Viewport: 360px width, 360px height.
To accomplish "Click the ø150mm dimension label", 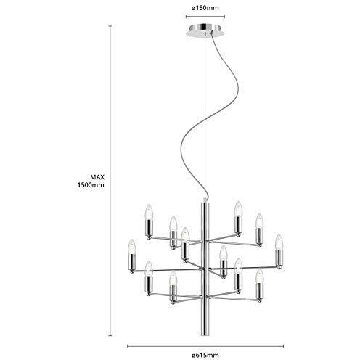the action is pos(205,8).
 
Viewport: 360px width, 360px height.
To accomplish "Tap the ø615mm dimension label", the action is pos(205,356).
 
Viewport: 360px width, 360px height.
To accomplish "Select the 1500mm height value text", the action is pos(91,185).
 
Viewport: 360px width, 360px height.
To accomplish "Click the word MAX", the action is pos(97,177).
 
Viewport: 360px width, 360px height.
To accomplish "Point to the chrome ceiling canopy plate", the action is pos(205,30).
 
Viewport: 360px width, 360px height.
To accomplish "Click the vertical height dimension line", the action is pos(110,181).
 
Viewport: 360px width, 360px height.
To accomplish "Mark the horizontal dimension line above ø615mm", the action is pos(205,346).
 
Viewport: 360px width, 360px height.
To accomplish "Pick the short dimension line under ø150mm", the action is pos(205,17).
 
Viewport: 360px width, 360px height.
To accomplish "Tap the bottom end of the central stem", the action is pos(205,335).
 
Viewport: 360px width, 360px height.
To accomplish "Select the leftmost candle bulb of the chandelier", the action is pos(131,246).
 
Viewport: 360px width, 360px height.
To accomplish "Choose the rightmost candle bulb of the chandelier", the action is pos(279,241).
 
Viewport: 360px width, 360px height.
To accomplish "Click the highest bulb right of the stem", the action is pos(238,208).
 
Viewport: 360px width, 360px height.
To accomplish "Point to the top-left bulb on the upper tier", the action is pos(149,212).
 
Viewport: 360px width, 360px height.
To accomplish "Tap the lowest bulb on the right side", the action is pos(259,276).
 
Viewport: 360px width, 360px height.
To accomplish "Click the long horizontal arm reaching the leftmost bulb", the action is pos(167,270).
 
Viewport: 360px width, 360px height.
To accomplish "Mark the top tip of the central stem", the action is pos(205,199).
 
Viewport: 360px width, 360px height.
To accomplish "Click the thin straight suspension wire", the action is pos(205,116).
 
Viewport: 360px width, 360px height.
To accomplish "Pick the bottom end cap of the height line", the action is pos(110,335).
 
